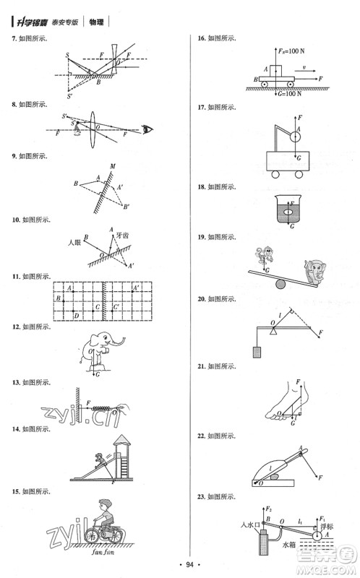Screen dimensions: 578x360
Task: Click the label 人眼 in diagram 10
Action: [x=73, y=241]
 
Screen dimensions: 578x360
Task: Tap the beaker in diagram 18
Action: [x=290, y=215]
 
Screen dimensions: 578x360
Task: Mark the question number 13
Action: [x=14, y=382]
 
